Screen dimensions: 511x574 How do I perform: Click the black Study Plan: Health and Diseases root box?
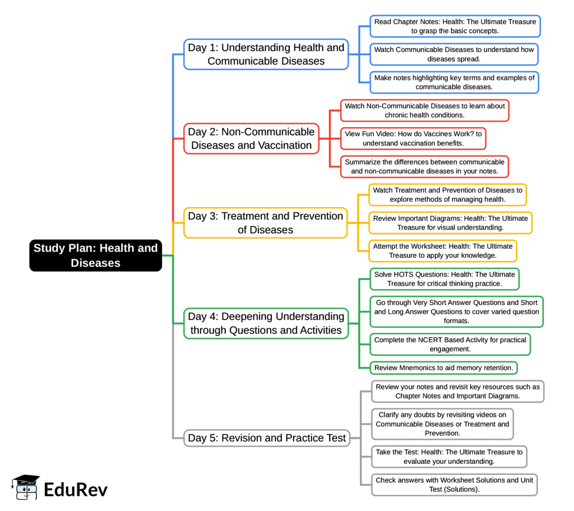95,256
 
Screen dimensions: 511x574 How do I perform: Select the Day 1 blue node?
266,54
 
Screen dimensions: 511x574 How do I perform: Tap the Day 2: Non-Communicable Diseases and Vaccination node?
251,138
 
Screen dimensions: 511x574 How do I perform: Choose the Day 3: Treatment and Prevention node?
265,222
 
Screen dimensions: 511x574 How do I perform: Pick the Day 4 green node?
266,323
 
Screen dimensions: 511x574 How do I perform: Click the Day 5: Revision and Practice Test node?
267,438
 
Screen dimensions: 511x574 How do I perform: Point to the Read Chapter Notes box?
455,26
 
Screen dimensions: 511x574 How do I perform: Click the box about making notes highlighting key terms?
454,82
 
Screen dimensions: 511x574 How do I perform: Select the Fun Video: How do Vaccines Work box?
413,138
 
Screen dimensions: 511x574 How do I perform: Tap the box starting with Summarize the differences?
424,166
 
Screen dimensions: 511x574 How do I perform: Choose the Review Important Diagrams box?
450,222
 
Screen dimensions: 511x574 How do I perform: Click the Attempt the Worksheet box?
442,250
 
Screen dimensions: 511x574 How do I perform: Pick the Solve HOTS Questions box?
444,278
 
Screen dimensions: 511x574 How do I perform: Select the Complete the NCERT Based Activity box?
450,344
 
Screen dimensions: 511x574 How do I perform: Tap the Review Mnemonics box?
443,368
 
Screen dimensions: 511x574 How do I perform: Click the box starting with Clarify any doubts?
442,424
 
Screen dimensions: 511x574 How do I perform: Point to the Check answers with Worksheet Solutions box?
454,485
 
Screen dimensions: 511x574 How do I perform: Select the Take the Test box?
448,457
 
